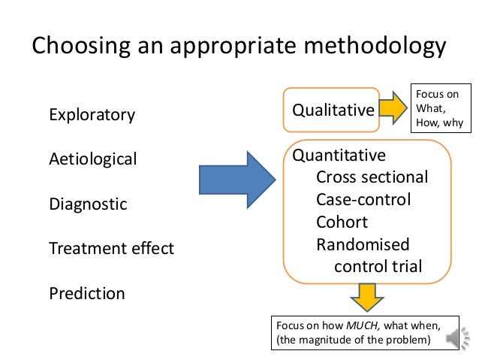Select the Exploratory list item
tap(92, 115)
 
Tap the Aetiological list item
tap(93, 159)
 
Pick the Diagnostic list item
tap(88, 204)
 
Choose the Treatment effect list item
tap(111, 248)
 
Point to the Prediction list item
tap(87, 292)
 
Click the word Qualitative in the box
tap(333, 111)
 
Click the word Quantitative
tap(339, 156)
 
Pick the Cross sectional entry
tap(372, 178)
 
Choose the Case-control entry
tap(363, 200)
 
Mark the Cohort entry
tap(341, 222)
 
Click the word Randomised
tap(363, 244)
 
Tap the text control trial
tap(378, 266)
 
